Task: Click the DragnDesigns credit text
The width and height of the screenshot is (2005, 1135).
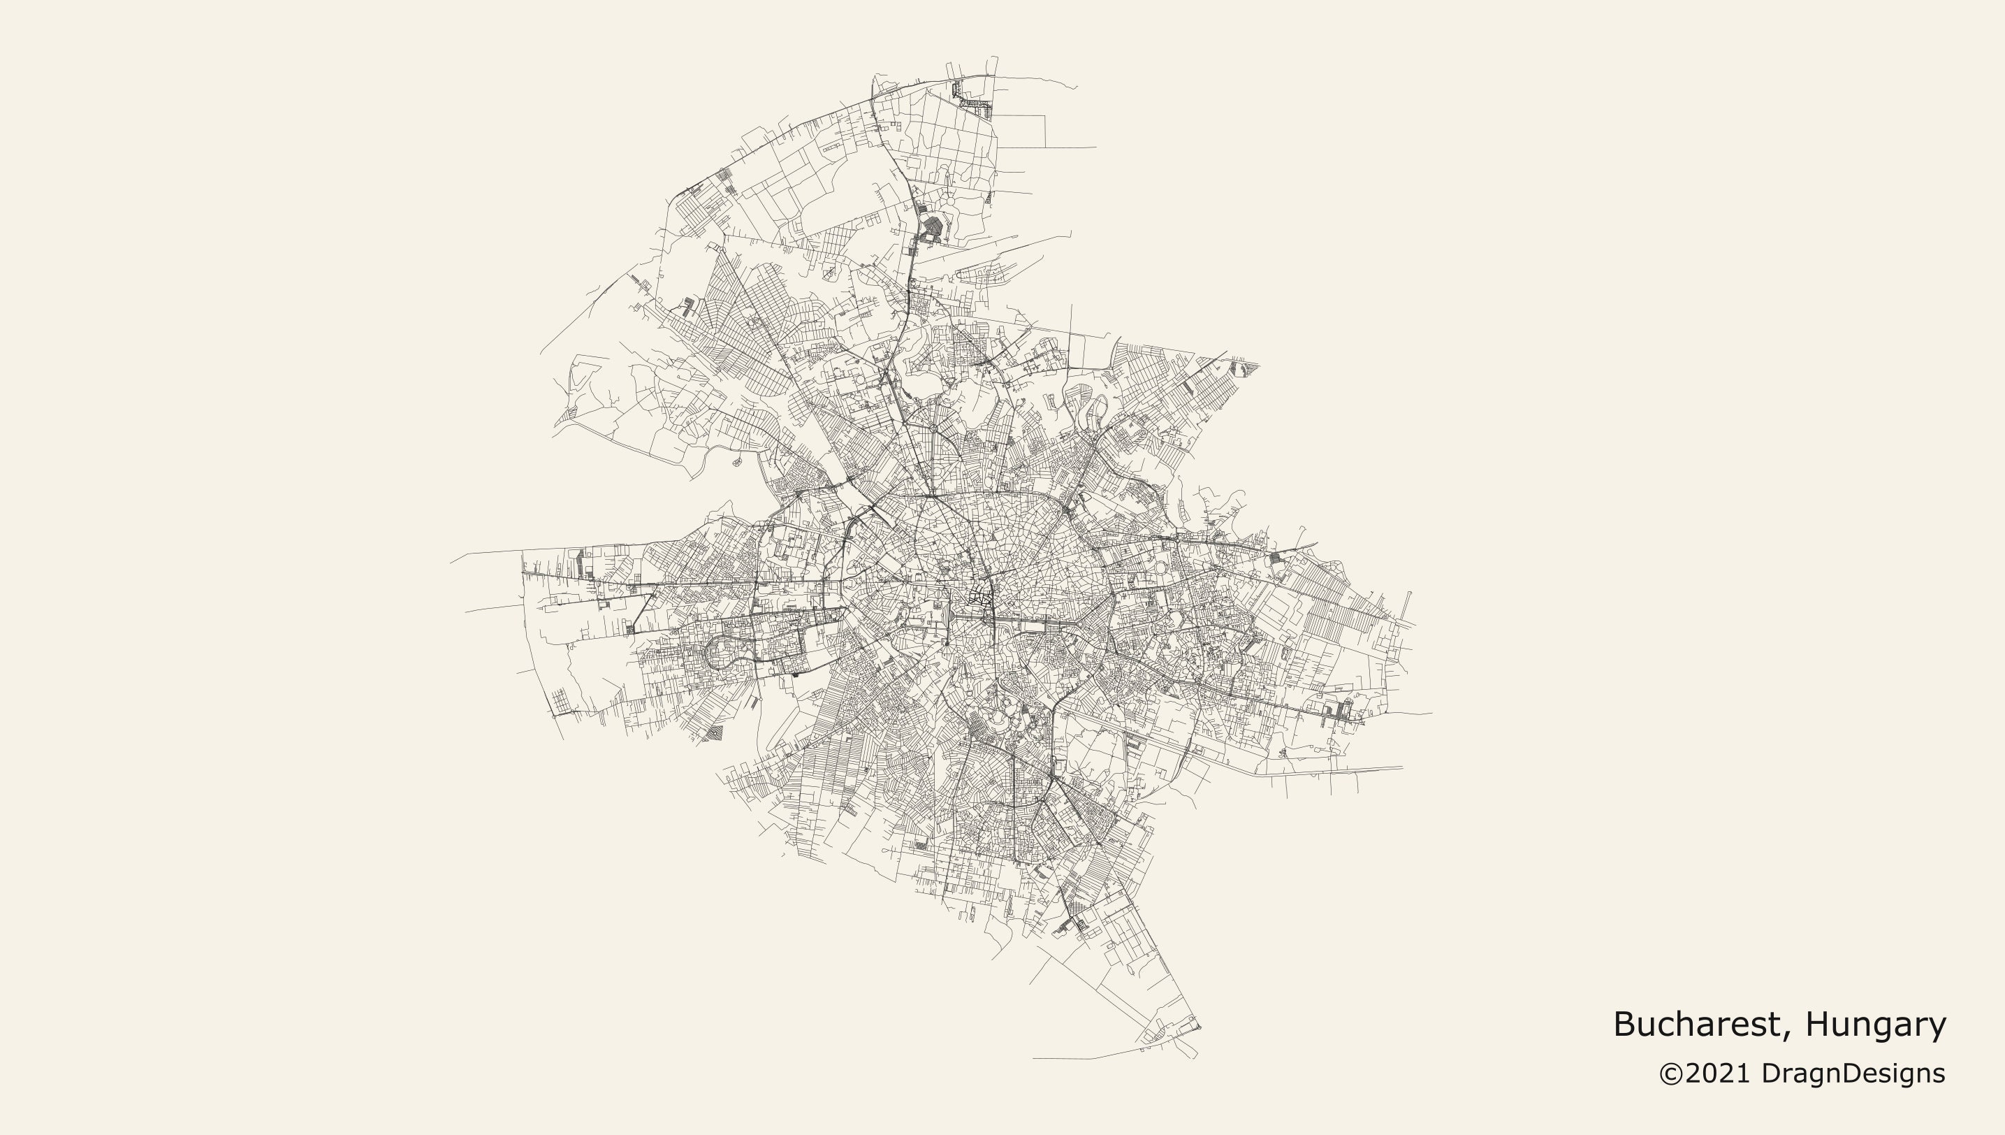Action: pos(1853,1074)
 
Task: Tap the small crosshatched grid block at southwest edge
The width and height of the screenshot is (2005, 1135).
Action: pos(714,732)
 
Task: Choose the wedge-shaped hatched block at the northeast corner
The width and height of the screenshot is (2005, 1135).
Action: pos(1244,366)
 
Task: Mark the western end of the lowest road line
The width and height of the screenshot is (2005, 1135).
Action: pos(1035,1059)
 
